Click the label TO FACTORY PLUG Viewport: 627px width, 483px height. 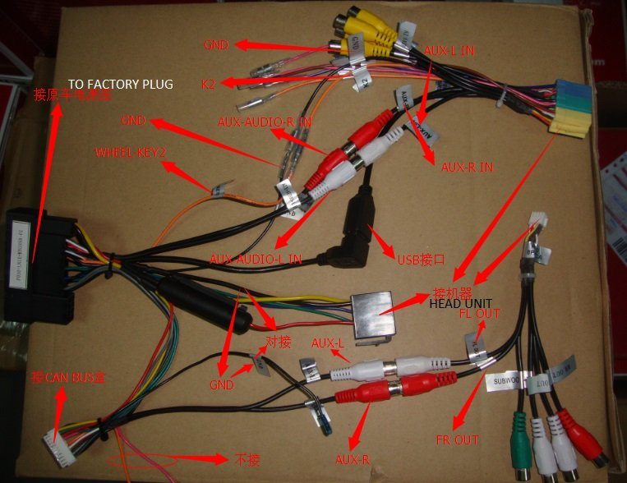click(x=120, y=85)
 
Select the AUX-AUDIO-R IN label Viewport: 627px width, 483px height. click(x=265, y=122)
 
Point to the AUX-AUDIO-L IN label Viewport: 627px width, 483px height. click(x=256, y=259)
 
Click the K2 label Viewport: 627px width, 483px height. click(x=209, y=83)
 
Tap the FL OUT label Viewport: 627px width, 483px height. click(x=480, y=314)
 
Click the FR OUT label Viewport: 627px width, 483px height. click(x=456, y=440)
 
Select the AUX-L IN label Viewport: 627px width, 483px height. click(x=450, y=50)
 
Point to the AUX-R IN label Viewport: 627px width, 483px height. click(x=467, y=167)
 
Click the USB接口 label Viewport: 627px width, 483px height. click(x=421, y=259)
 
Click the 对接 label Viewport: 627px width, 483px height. click(x=278, y=341)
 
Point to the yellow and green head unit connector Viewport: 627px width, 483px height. click(x=569, y=108)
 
